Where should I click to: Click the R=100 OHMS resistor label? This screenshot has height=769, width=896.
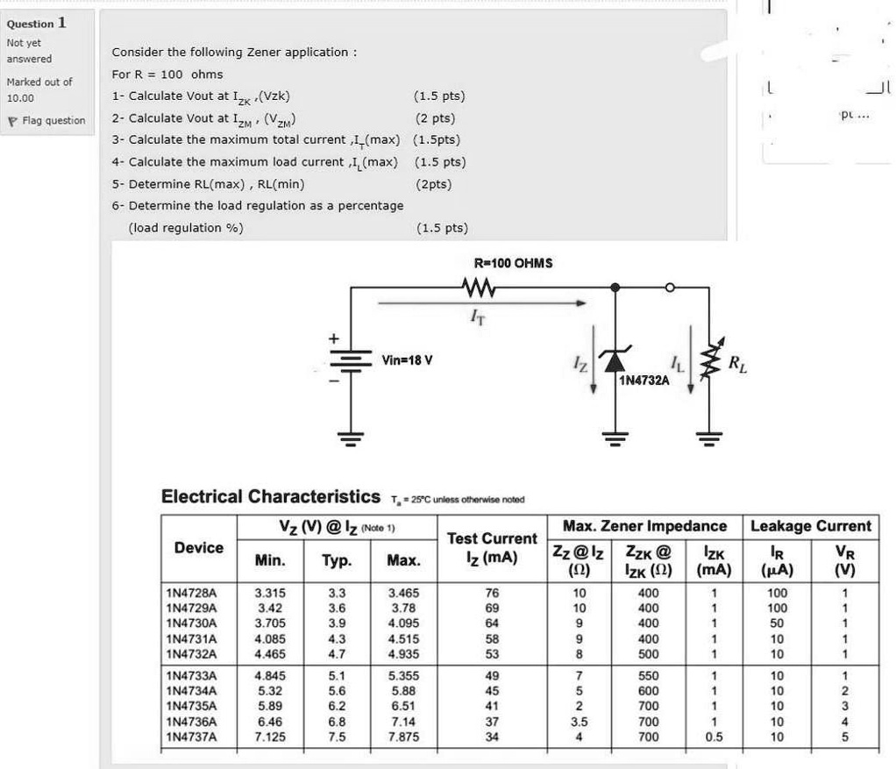[x=513, y=262]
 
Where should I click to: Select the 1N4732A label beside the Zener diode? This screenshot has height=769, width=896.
[x=644, y=380]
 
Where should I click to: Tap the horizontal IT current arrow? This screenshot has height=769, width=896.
[x=482, y=304]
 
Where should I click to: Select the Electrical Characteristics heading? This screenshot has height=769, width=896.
[x=271, y=496]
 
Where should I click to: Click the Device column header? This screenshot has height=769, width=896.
[x=199, y=547]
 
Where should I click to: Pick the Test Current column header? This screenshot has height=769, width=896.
[x=492, y=547]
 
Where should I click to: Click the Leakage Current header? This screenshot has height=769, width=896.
[x=811, y=526]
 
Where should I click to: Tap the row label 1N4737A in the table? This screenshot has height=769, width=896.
[x=191, y=737]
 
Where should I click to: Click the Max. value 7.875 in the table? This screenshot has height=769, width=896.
[x=403, y=737]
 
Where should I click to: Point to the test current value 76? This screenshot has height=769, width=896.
[x=492, y=594]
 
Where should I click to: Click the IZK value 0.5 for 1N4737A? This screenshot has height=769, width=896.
[x=715, y=737]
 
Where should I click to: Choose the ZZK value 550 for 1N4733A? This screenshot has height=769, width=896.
[x=649, y=676]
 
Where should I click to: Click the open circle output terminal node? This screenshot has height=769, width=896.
[x=671, y=286]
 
